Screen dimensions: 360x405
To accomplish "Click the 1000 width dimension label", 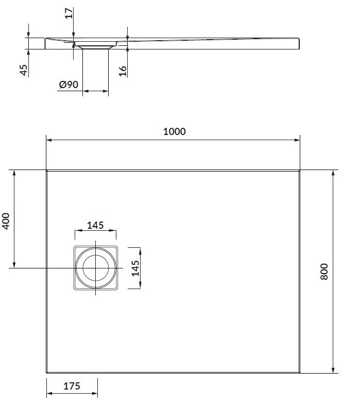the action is (174, 131).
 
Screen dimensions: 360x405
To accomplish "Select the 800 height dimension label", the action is (324, 272).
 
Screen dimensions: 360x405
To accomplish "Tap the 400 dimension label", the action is (6, 221).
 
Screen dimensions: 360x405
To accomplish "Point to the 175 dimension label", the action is (72, 386).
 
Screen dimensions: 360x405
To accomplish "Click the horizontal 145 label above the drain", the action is (95, 225).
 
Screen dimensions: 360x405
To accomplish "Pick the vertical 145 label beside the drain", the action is (135, 268).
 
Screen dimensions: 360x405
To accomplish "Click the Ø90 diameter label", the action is (68, 85).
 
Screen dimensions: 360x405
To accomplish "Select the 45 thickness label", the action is (24, 70).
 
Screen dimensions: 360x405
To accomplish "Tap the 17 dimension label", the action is (68, 13).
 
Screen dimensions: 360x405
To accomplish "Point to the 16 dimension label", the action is (123, 71).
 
